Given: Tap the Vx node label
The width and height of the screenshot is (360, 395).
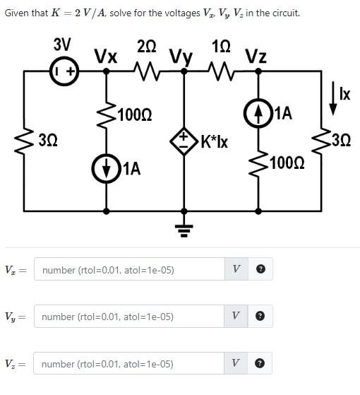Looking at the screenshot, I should tap(106, 56).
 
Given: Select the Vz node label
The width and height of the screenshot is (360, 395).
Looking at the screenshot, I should tap(256, 56).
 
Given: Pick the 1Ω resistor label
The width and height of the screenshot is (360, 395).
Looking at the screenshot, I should tap(220, 47).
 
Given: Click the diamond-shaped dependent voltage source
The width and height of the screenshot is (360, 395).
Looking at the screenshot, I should tap(185, 140).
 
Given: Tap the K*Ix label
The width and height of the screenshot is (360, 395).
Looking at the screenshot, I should tap(215, 141).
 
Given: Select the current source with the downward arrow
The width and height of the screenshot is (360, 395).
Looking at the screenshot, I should tap(107, 168).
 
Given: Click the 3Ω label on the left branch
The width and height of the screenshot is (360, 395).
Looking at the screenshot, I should tap(48, 140).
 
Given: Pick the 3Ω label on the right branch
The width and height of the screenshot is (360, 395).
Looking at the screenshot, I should tap(340, 140).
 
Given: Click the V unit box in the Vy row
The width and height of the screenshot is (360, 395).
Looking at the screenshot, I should tap(236, 317).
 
